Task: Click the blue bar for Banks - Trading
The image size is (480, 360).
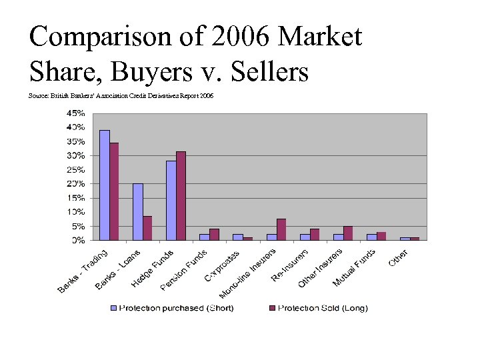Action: (105, 185)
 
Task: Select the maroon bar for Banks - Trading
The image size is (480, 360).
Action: (114, 191)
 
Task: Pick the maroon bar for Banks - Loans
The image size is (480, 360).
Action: (147, 227)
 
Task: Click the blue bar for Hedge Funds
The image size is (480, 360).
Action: (171, 200)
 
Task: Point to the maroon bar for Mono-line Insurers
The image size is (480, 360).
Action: (281, 229)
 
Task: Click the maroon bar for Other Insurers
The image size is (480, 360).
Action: (348, 233)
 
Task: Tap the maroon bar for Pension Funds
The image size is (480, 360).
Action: (214, 234)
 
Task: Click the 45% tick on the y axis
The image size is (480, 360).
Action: (75, 113)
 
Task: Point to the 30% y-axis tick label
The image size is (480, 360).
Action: (75, 155)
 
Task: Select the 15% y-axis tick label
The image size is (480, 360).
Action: (75, 198)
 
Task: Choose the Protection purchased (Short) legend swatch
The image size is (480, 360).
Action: (113, 308)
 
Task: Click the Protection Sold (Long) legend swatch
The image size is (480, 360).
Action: (272, 308)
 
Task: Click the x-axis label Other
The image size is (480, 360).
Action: (399, 258)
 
